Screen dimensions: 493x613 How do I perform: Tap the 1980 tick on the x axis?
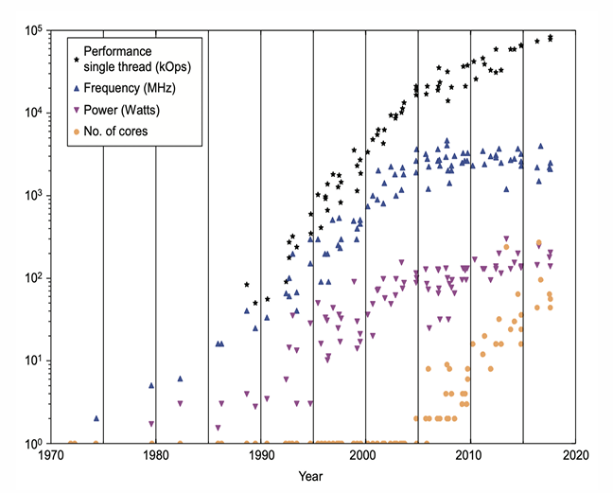(x=156, y=455)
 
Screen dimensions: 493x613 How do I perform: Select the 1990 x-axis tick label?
(x=261, y=455)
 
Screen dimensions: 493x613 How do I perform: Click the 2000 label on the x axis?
(x=365, y=455)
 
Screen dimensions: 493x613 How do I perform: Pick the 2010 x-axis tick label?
(x=470, y=455)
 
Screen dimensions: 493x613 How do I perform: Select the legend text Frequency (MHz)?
(x=130, y=88)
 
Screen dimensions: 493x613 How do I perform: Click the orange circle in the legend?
(x=76, y=131)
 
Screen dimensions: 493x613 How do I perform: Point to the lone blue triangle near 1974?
(x=96, y=417)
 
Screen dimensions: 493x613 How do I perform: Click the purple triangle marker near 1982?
(x=180, y=404)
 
